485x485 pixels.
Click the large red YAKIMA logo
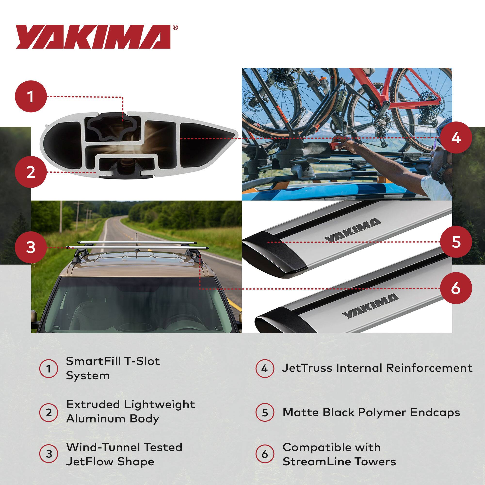point(93,37)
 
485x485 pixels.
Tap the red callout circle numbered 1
point(31,97)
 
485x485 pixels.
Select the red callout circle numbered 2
point(31,172)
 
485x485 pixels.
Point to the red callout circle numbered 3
point(31,247)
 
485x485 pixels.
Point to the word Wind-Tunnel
point(99,447)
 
